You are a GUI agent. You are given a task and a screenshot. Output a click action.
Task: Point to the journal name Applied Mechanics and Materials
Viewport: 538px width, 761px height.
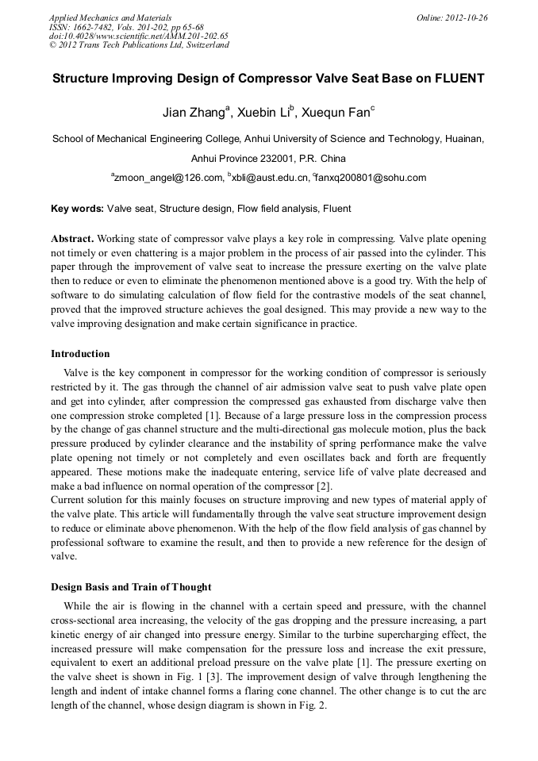tap(110, 17)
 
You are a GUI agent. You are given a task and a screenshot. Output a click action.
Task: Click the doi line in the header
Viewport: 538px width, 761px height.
tap(139, 36)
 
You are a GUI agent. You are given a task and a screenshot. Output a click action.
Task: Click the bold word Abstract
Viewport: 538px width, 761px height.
tap(72, 239)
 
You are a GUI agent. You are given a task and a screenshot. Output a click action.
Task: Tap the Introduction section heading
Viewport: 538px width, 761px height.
tap(80, 354)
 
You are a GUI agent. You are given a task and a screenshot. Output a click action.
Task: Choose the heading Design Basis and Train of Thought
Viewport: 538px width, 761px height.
tap(131, 587)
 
